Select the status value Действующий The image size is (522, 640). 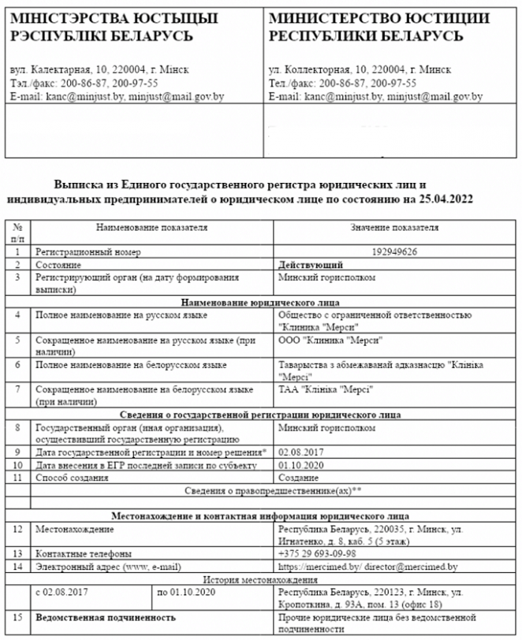311,266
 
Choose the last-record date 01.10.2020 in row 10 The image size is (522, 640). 300,465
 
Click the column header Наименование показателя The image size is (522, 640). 151,228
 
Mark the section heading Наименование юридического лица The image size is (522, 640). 260,303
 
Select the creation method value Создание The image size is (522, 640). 300,477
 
